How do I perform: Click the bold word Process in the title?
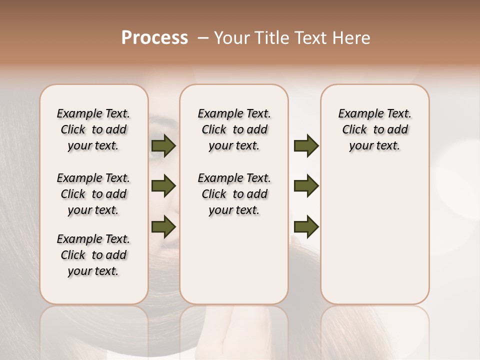click(x=154, y=38)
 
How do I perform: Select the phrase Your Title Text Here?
click(x=292, y=38)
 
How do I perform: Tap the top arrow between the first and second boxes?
click(x=163, y=145)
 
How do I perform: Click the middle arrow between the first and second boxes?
click(x=163, y=186)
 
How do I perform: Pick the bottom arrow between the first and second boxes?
click(x=163, y=226)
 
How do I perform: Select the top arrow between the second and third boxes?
click(x=306, y=145)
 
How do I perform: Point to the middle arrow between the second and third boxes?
click(x=306, y=186)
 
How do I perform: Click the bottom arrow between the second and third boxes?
click(x=306, y=226)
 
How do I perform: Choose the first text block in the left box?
click(x=93, y=129)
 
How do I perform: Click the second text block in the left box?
click(x=93, y=194)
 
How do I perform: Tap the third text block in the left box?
click(x=93, y=255)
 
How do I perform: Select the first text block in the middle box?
click(x=234, y=129)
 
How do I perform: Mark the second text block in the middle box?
click(x=234, y=194)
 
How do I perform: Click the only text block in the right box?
click(x=375, y=129)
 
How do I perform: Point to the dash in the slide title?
click(x=203, y=38)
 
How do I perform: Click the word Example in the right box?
click(x=357, y=113)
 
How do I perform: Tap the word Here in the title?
click(x=353, y=38)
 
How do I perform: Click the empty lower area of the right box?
click(x=375, y=240)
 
